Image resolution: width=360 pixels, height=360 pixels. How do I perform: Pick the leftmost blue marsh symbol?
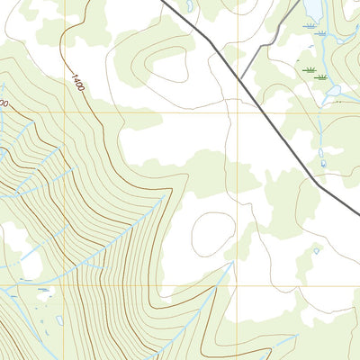309,31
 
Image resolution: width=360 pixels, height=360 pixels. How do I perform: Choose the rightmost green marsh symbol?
321,77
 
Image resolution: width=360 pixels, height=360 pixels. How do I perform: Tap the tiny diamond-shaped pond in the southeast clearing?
316,251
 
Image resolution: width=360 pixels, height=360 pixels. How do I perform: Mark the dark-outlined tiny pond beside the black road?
323,164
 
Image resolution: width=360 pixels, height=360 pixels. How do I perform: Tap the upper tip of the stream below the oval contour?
232,262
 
